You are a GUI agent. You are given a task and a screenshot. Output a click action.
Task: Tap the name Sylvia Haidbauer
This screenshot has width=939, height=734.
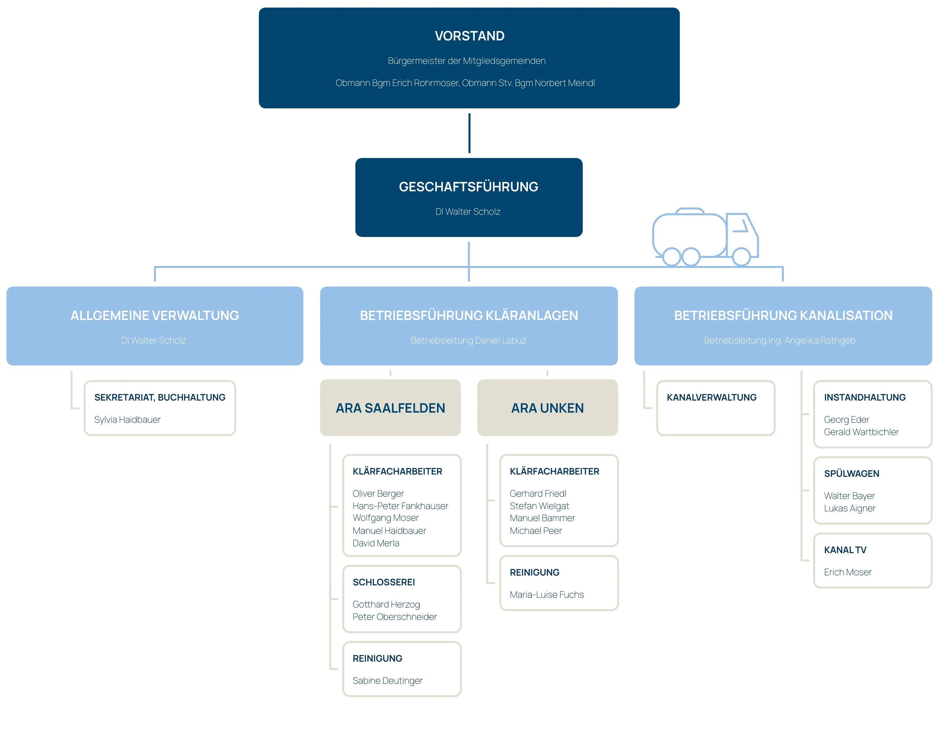[127, 420]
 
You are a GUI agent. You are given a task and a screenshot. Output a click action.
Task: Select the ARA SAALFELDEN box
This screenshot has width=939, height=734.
[390, 407]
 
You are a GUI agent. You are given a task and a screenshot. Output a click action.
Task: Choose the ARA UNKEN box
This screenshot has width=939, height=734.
[547, 407]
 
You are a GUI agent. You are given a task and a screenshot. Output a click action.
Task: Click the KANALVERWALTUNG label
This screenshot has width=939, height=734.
[711, 398]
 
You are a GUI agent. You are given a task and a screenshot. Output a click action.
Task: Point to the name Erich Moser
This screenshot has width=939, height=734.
[848, 572]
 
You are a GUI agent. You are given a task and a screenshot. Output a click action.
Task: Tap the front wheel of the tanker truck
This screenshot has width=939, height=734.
[741, 257]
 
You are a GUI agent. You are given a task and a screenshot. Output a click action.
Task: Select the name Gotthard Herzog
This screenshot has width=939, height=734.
[386, 605]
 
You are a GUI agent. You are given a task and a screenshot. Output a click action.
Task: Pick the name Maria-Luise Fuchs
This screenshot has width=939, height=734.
[547, 595]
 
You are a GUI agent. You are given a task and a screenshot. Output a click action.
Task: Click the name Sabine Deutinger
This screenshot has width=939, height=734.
[387, 681]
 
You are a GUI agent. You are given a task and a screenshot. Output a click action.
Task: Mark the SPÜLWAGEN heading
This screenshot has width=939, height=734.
[852, 474]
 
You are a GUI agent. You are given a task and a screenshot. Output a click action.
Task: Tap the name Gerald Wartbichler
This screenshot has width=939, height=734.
[861, 432]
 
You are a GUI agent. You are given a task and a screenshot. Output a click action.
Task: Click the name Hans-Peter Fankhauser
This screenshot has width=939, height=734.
[400, 506]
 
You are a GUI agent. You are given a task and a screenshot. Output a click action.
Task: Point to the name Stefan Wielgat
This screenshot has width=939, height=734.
[539, 506]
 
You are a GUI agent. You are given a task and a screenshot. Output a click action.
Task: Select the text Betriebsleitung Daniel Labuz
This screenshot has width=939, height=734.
[468, 340]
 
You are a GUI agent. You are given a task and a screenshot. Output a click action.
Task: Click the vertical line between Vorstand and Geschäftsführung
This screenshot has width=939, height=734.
[469, 133]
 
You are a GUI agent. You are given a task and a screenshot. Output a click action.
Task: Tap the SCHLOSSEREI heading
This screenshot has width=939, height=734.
[383, 582]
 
